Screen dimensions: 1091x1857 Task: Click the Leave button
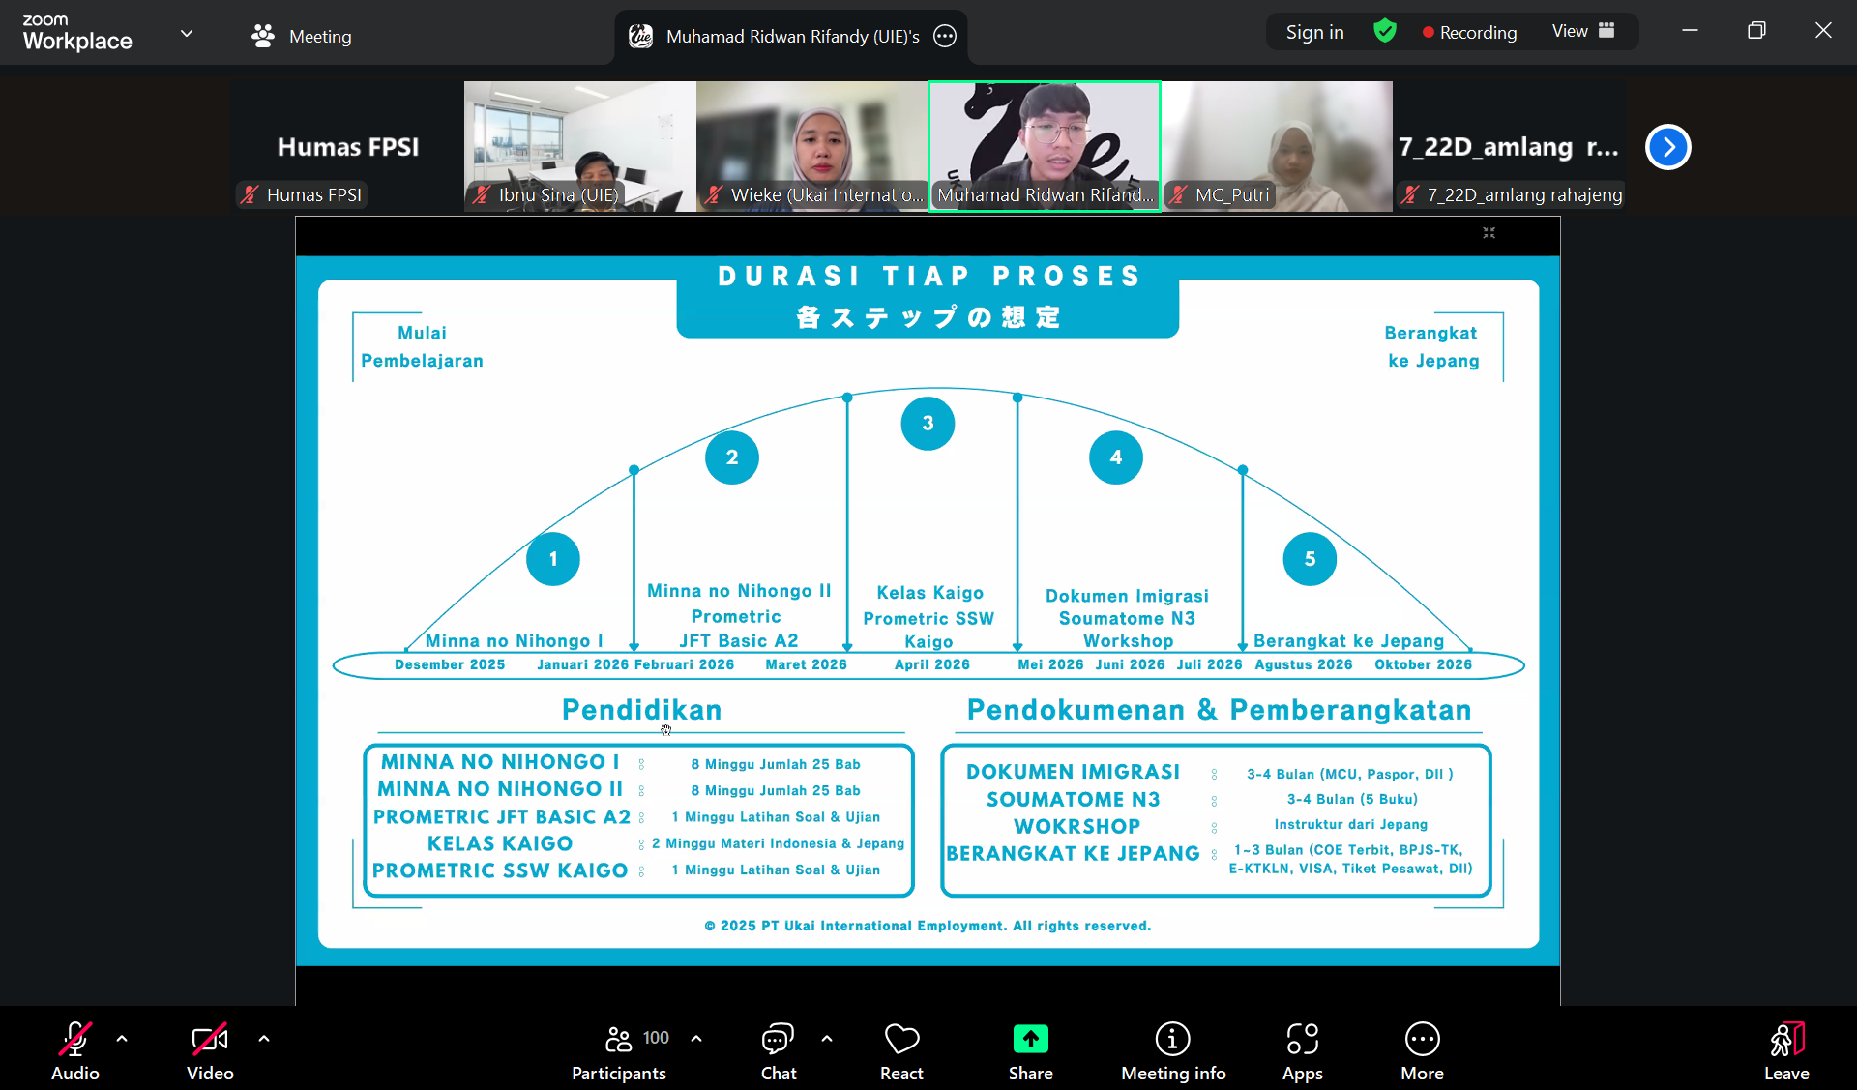pos(1785,1051)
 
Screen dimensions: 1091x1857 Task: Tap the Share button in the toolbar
pos(1030,1051)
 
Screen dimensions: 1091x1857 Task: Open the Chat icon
pos(778,1041)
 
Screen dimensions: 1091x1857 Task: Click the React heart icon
pos(901,1041)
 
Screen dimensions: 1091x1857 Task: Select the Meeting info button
pos(1172,1051)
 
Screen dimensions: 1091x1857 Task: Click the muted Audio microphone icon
pos(74,1041)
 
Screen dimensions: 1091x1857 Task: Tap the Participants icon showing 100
pos(619,1041)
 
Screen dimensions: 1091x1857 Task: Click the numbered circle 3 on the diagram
pos(928,424)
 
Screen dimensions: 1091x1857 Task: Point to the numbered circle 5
pos(1310,559)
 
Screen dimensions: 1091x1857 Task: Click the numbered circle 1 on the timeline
pos(553,559)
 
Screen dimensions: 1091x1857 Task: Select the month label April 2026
pos(931,665)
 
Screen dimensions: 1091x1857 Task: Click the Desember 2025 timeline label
pos(450,665)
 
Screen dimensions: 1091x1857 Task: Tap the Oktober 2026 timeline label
pos(1423,665)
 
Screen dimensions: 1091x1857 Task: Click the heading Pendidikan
pos(641,710)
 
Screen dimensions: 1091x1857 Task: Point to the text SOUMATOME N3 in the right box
pos(1073,800)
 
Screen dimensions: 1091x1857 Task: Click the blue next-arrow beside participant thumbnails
pos(1667,147)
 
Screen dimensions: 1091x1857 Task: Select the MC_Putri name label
pos(1231,195)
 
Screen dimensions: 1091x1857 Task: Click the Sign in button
pos(1314,33)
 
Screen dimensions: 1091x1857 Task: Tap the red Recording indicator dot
pos(1428,33)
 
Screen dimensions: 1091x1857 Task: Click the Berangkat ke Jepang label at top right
pos(1432,346)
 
